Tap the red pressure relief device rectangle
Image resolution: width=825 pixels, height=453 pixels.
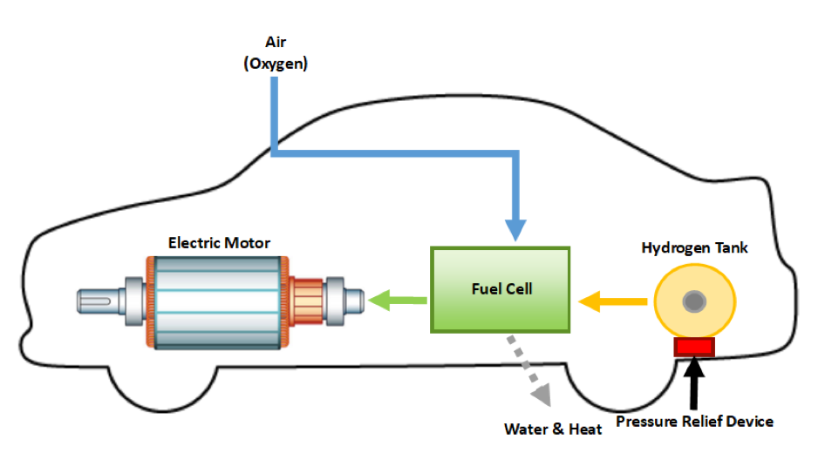click(694, 347)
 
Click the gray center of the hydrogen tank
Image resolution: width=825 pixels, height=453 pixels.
click(694, 301)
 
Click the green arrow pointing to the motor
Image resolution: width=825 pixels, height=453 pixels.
click(397, 301)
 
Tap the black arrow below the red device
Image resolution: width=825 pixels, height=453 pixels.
click(696, 384)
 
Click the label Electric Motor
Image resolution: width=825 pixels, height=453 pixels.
click(219, 243)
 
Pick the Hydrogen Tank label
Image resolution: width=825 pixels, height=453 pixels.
click(694, 248)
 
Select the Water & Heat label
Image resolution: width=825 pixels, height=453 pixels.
click(552, 429)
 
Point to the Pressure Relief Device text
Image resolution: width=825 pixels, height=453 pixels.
click(694, 422)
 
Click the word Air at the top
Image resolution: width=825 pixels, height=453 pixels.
click(276, 42)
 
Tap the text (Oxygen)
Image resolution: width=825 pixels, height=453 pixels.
click(276, 64)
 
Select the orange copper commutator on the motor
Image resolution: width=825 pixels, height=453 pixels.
click(306, 301)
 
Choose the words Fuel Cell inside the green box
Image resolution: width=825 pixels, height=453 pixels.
click(499, 288)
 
